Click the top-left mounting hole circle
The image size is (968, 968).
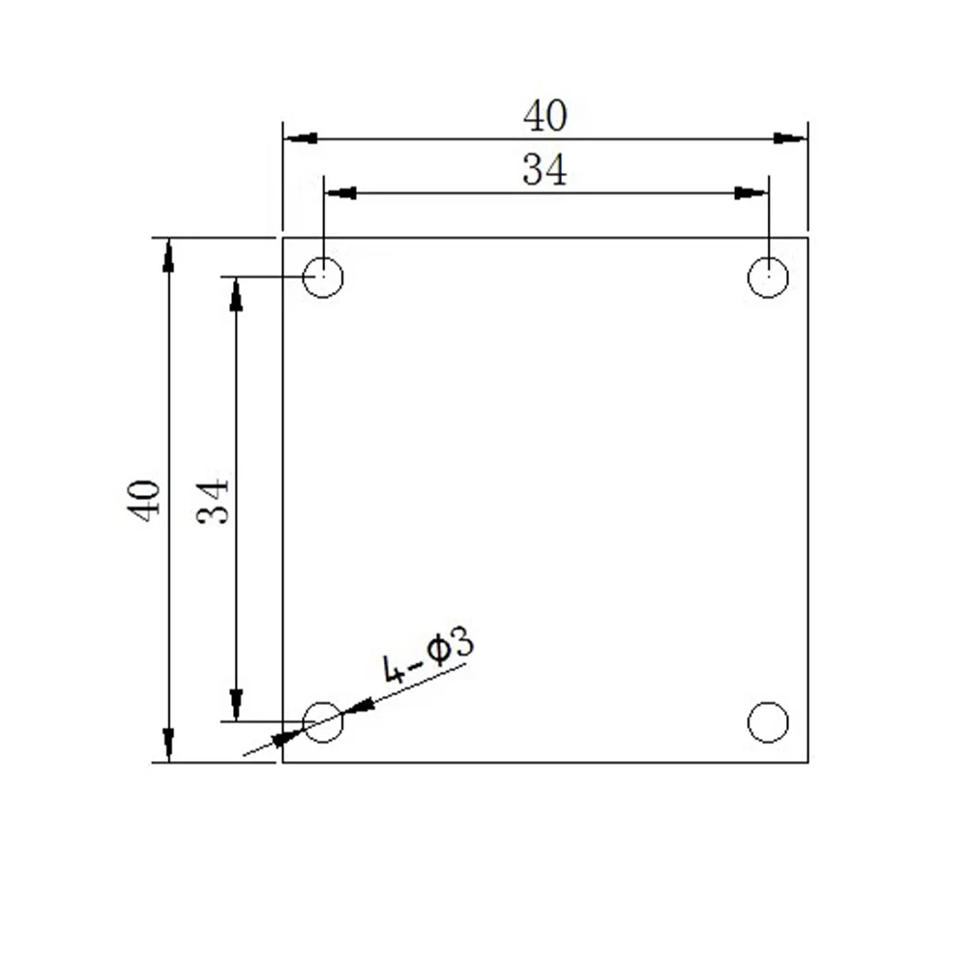point(323,278)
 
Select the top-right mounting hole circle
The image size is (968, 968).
point(768,278)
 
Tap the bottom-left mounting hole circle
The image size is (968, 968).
point(323,721)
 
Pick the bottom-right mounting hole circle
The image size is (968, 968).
point(768,722)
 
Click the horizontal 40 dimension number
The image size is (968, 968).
point(544,117)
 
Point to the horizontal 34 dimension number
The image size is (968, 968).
point(544,171)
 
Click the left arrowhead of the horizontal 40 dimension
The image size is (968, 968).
point(300,138)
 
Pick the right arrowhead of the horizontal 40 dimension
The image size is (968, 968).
point(791,138)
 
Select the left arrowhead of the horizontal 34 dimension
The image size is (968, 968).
point(339,192)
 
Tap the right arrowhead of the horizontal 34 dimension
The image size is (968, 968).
point(751,192)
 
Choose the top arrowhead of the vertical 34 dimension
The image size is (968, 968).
point(236,294)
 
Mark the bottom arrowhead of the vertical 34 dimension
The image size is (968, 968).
point(236,704)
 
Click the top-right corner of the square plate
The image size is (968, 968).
point(807,237)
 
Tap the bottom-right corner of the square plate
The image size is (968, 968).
point(807,762)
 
